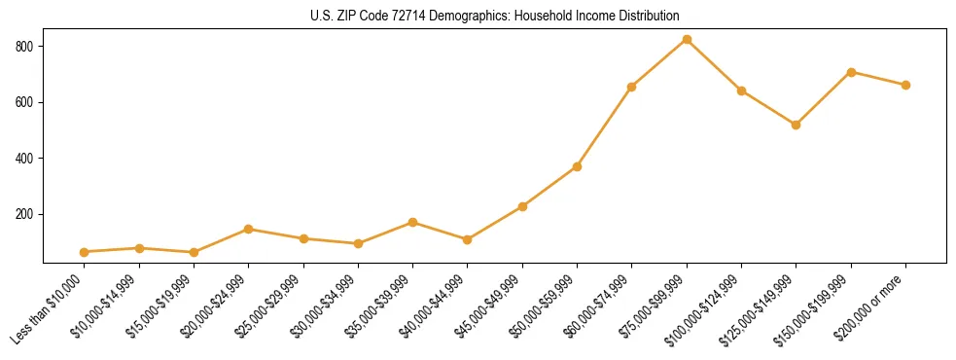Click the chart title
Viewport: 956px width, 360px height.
click(495, 16)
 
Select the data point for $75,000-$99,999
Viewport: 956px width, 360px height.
click(687, 40)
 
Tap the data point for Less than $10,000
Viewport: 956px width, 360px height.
click(85, 252)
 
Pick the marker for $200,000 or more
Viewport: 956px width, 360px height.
click(905, 85)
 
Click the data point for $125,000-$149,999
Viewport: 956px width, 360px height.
click(797, 125)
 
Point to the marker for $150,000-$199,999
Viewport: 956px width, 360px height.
click(851, 72)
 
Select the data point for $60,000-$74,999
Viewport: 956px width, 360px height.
click(632, 87)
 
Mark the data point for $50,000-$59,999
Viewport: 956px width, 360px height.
click(578, 166)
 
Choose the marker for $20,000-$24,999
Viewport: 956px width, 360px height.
click(249, 230)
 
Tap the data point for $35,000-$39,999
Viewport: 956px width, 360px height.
click(413, 222)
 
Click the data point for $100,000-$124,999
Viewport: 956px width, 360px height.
click(741, 90)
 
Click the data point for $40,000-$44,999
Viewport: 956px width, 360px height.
click(468, 239)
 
